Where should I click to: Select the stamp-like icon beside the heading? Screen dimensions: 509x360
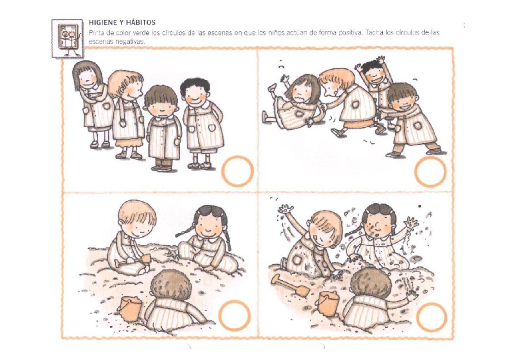68,38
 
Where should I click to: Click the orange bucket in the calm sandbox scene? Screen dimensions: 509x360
130,308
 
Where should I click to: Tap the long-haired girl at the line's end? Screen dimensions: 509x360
93,104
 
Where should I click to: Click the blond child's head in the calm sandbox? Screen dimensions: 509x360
137,217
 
